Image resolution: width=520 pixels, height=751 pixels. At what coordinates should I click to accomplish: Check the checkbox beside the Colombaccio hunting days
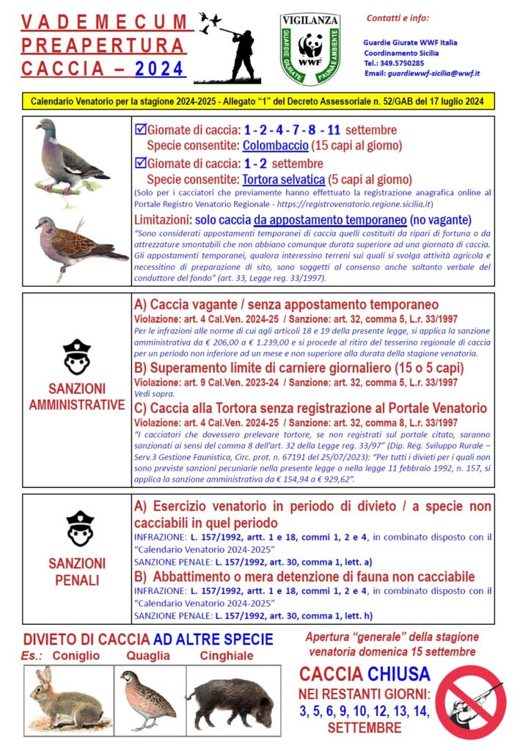click(141, 130)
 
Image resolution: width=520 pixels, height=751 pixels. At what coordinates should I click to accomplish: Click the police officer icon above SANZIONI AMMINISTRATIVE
click(76, 356)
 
